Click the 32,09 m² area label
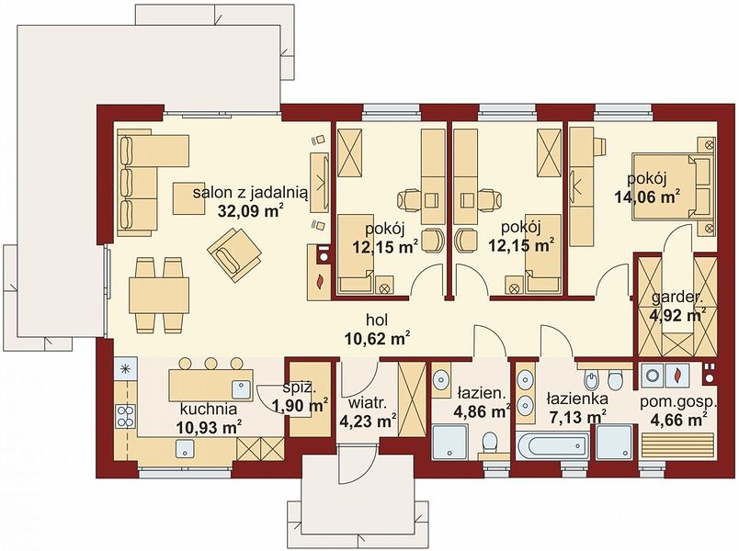(x=250, y=211)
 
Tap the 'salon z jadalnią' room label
(x=251, y=192)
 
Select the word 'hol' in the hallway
(x=377, y=320)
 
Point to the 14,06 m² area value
(x=647, y=197)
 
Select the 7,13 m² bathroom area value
(x=577, y=417)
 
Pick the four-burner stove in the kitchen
(x=125, y=416)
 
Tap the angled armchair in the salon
(x=234, y=254)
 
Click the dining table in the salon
(x=159, y=296)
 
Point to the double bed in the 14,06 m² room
(x=671, y=188)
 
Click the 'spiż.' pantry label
(x=300, y=388)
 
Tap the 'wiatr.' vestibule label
(x=368, y=403)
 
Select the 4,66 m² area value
(x=678, y=418)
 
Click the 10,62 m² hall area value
(x=376, y=338)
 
